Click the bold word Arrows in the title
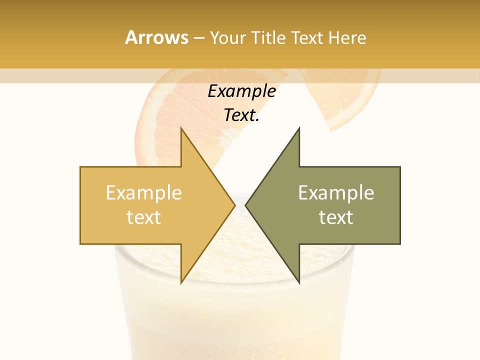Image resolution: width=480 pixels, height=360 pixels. (x=156, y=37)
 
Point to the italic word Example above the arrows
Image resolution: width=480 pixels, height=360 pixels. (x=241, y=91)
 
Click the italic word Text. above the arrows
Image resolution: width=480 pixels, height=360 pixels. (x=241, y=115)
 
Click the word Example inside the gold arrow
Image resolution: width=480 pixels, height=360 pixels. (x=144, y=193)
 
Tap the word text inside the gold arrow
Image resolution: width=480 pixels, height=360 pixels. (x=144, y=217)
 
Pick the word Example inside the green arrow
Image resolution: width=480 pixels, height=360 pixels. (x=336, y=193)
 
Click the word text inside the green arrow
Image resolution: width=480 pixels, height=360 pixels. (x=336, y=217)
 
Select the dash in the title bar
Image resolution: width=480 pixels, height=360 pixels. (x=199, y=38)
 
